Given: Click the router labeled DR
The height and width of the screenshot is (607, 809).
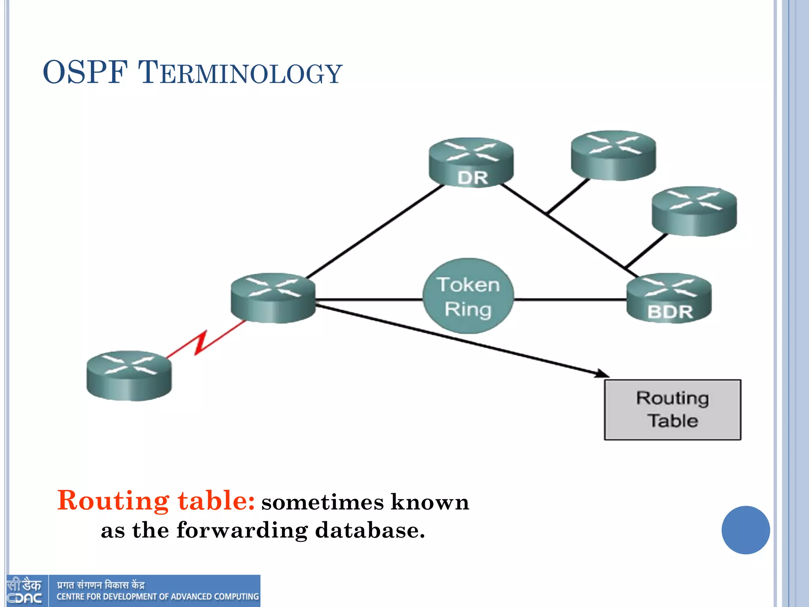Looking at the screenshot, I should click(471, 162).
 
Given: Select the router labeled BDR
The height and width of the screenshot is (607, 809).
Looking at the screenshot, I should click(669, 298).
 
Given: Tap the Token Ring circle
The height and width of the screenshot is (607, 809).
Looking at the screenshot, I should click(468, 296).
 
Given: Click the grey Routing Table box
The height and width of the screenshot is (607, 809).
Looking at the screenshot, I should click(672, 410).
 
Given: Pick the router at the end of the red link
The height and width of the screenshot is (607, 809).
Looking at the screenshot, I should click(129, 375).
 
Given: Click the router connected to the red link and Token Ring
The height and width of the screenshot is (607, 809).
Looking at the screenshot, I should click(273, 298).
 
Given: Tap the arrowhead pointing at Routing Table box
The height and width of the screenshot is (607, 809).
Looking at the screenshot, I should click(602, 373).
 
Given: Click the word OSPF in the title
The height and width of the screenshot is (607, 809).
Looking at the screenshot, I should click(85, 73).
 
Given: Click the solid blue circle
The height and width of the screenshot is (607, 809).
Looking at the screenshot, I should click(745, 530).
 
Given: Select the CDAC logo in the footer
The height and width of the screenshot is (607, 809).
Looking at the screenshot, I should click(24, 591).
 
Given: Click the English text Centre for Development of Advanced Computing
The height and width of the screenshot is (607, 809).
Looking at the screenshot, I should click(158, 596).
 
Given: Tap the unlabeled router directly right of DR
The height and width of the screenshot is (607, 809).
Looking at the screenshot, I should click(613, 155).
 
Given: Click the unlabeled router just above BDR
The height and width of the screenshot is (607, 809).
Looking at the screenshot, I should click(694, 211).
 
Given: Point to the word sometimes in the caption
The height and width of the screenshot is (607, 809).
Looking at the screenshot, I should click(322, 503).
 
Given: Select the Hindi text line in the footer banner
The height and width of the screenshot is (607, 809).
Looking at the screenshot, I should click(101, 584).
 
